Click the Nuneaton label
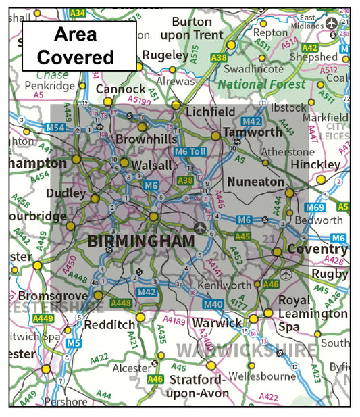point(255,182)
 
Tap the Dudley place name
point(66,193)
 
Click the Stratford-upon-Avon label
point(199,387)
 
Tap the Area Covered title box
point(79,45)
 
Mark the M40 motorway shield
point(213,305)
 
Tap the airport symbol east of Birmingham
point(201,227)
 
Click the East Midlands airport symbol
point(331,23)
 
